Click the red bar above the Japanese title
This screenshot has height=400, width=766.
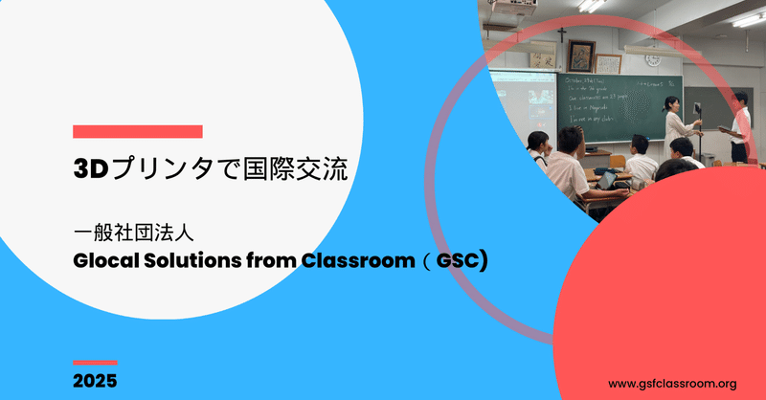(x=137, y=131)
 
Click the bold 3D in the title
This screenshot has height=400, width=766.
(x=92, y=169)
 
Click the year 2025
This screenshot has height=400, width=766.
(x=95, y=382)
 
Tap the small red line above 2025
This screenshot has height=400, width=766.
(x=95, y=363)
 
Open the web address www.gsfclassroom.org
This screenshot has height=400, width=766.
(x=672, y=383)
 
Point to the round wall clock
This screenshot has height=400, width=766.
(x=654, y=59)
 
